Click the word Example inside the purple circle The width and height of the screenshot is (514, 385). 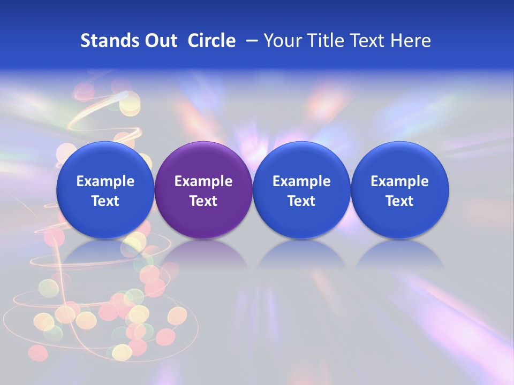(203, 181)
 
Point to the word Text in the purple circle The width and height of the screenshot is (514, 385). (203, 201)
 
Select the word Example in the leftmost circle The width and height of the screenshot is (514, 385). (105, 181)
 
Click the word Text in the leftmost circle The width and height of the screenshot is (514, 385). (105, 201)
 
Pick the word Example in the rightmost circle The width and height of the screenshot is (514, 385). (400, 181)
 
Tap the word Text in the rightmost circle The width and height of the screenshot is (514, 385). (400, 201)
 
